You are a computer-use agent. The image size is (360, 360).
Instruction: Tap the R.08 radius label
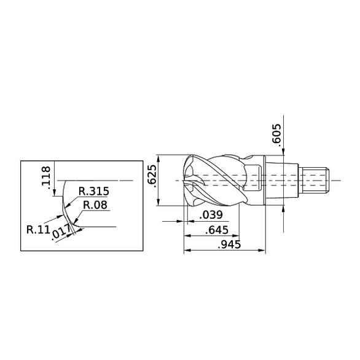click(x=95, y=205)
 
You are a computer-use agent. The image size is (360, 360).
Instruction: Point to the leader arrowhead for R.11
click(x=61, y=215)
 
